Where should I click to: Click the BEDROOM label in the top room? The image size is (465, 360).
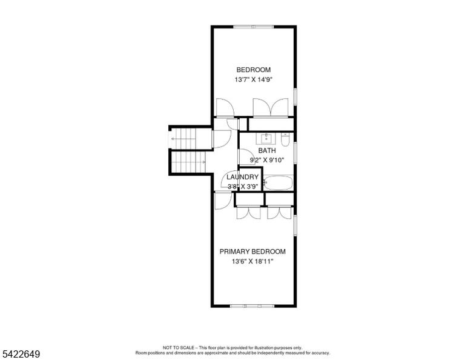pyautogui.click(x=253, y=70)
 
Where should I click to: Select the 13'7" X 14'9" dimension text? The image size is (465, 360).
pyautogui.click(x=253, y=79)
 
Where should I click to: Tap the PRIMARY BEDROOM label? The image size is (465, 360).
pyautogui.click(x=252, y=252)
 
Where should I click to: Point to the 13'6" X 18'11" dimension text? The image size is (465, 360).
pyautogui.click(x=252, y=261)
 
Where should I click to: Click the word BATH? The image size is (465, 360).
pyautogui.click(x=267, y=150)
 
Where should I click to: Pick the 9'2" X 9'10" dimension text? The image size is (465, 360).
pyautogui.click(x=267, y=160)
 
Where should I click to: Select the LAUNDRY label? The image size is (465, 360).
pyautogui.click(x=242, y=177)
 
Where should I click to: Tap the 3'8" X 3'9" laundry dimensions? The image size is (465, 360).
pyautogui.click(x=242, y=187)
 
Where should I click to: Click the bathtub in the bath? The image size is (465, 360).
pyautogui.click(x=278, y=183)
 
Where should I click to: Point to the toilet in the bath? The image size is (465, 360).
pyautogui.click(x=285, y=139)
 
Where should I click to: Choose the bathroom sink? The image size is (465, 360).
pyautogui.click(x=266, y=139)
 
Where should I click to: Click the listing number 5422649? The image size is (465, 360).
pyautogui.click(x=21, y=354)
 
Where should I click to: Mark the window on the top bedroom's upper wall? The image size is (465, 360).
pyautogui.click(x=253, y=27)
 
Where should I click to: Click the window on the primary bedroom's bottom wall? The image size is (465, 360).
pyautogui.click(x=252, y=305)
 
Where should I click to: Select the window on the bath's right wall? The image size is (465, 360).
pyautogui.click(x=295, y=153)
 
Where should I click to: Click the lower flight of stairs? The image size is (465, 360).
pyautogui.click(x=189, y=162)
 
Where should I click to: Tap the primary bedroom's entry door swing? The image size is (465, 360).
pyautogui.click(x=223, y=201)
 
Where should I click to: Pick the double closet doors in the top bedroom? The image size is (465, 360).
pyautogui.click(x=271, y=107)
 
